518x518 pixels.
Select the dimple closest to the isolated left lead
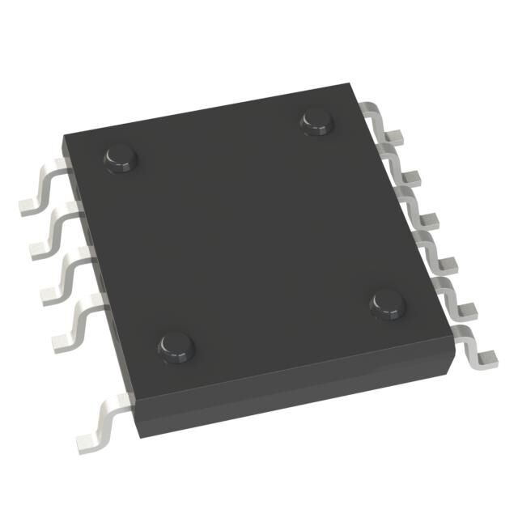(176, 346)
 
